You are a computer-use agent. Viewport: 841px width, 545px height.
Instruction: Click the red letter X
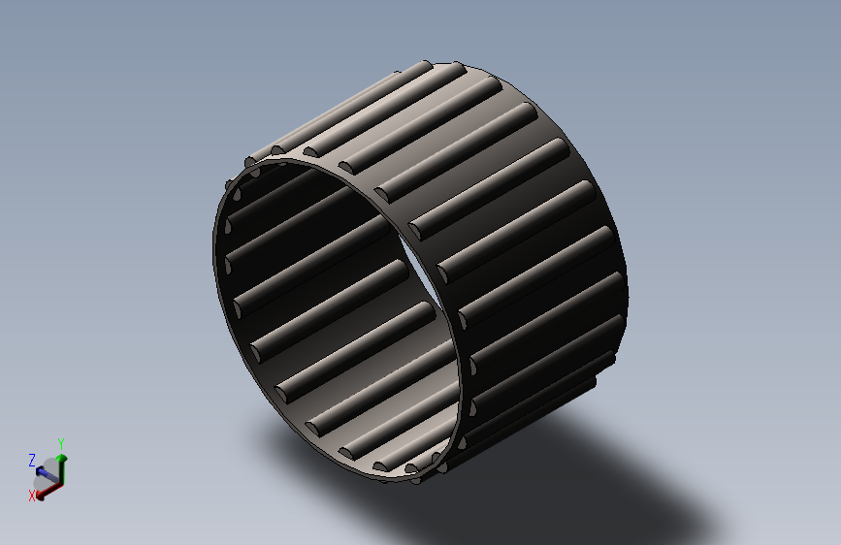tap(32, 496)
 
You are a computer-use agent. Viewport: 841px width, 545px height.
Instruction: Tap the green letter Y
tap(61, 444)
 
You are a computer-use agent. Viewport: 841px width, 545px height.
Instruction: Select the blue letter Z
tap(32, 461)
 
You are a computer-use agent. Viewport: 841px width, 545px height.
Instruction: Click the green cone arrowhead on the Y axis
tap(62, 458)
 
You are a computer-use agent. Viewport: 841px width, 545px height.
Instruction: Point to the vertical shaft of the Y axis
tap(62, 472)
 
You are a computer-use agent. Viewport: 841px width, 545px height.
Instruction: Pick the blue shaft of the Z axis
tap(49, 475)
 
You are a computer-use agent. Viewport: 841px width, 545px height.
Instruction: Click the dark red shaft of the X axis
tap(52, 489)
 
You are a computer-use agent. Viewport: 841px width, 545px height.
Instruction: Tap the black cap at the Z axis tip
tap(39, 470)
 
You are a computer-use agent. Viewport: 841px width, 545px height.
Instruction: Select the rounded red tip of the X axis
tap(40, 497)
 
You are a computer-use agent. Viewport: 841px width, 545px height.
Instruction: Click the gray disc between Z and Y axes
tap(51, 465)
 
